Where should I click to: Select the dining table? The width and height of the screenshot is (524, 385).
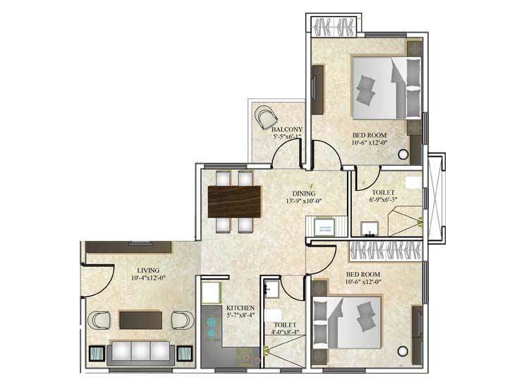click(x=234, y=201)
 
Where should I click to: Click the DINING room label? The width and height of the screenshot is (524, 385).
click(x=304, y=193)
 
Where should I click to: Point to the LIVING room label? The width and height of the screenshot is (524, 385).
click(x=148, y=270)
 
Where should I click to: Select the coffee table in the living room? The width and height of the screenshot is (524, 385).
click(x=140, y=320)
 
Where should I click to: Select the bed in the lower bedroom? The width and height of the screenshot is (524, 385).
click(x=348, y=320)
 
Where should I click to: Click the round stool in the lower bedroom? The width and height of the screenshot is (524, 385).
click(x=403, y=350)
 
